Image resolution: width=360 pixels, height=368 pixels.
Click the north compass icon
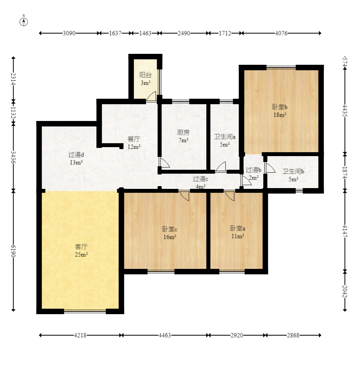tap(24, 21)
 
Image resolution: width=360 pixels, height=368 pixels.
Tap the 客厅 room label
tap(81, 247)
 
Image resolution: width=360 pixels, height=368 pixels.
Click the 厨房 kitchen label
tap(183, 133)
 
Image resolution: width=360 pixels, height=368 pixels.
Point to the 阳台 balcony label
tap(145, 75)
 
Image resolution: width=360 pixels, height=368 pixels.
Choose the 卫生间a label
tap(225, 137)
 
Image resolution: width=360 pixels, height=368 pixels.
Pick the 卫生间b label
tap(293, 171)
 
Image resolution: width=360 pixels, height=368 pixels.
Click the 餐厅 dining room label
tap(134, 139)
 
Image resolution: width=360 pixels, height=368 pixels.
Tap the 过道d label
tap(76, 155)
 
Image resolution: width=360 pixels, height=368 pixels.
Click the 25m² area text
tap(81, 254)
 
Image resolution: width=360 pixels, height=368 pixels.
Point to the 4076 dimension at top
tap(281, 34)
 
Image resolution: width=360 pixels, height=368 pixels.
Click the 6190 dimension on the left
tap(14, 251)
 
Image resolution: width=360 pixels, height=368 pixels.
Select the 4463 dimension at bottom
tap(165, 335)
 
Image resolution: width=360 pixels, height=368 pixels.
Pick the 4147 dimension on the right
tap(345, 230)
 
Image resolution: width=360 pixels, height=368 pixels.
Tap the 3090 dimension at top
tap(69, 34)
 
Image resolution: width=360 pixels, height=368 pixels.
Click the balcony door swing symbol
tap(151, 97)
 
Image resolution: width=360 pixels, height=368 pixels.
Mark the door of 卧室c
tap(184, 196)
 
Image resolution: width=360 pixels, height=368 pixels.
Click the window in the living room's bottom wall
tap(85, 311)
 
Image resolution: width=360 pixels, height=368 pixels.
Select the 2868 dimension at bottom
tap(293, 335)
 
